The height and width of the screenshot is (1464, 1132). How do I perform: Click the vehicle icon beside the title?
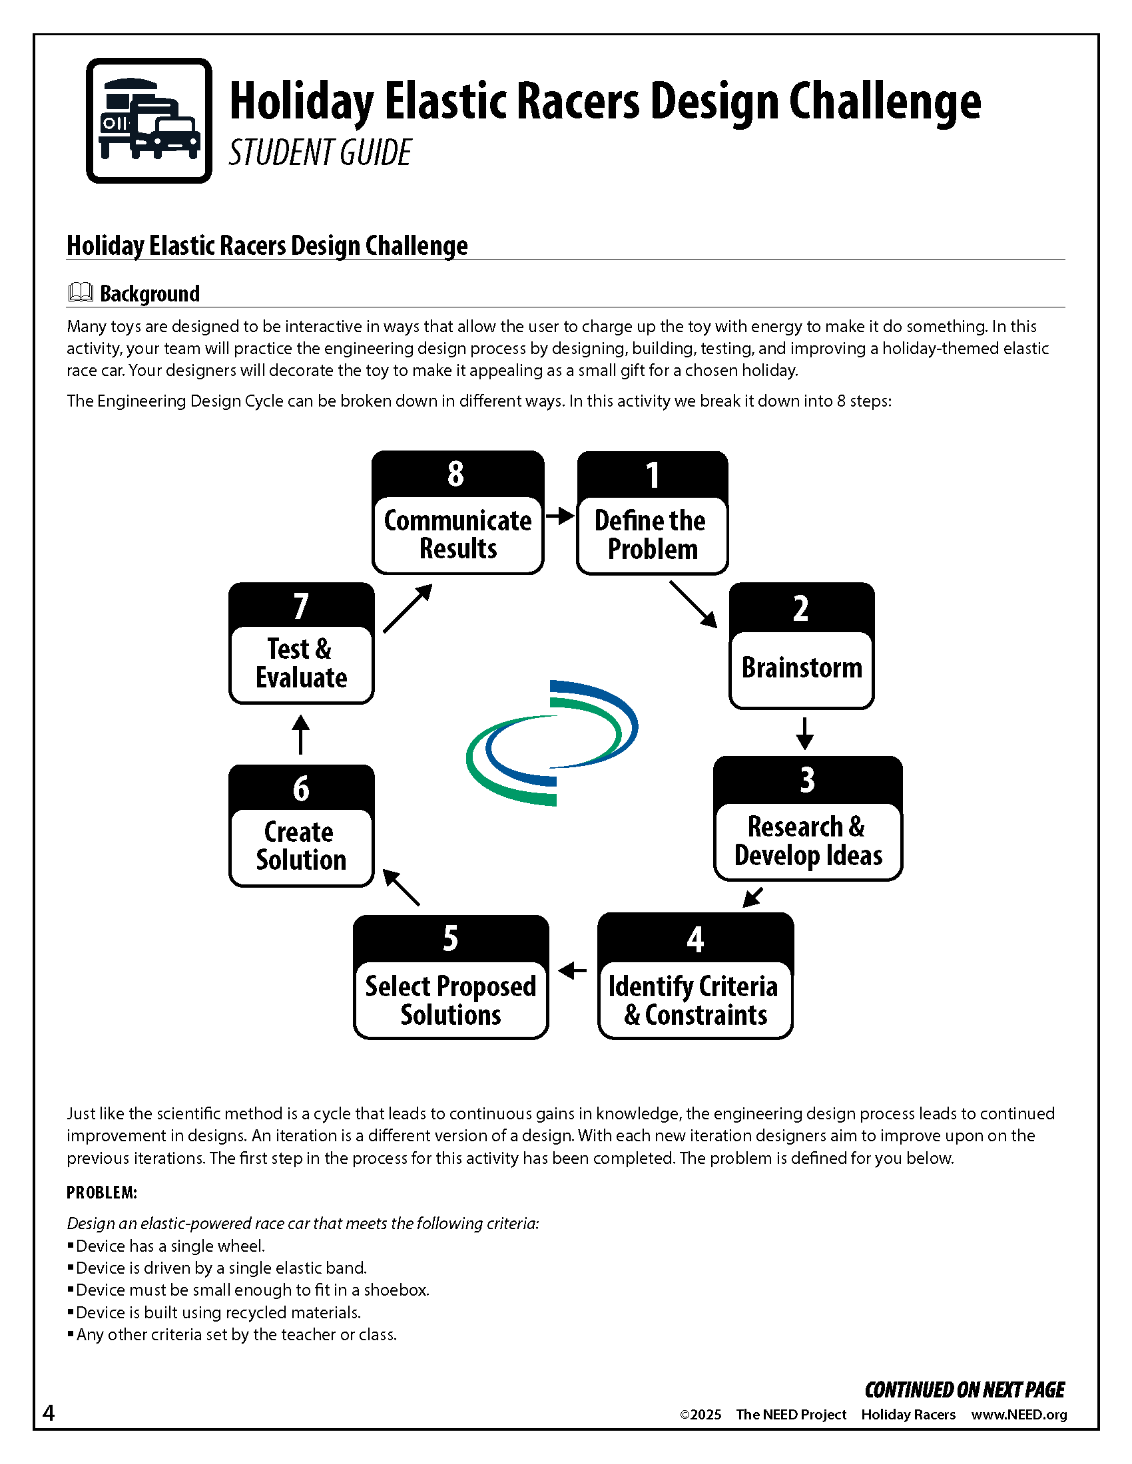[x=149, y=120]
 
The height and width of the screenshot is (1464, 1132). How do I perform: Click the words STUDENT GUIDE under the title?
[x=320, y=153]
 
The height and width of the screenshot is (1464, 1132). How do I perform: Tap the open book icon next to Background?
[x=81, y=292]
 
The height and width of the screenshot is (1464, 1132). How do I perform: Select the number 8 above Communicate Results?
[x=456, y=474]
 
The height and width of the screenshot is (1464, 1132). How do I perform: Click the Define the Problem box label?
[x=651, y=535]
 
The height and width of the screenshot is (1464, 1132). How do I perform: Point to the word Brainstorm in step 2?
[x=801, y=667]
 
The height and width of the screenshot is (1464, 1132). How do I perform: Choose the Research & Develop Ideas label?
[x=808, y=841]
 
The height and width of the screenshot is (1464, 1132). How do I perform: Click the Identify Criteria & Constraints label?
[x=694, y=1000]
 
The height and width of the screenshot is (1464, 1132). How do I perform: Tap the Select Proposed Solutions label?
[x=451, y=1000]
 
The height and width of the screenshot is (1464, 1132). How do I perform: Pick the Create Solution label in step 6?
[x=300, y=846]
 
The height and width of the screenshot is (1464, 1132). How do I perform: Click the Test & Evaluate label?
[x=300, y=663]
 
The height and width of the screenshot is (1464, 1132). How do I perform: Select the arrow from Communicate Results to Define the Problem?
[x=560, y=516]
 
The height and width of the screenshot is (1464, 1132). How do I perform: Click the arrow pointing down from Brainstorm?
[x=805, y=733]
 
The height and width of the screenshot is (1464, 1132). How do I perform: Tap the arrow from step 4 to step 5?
[x=572, y=970]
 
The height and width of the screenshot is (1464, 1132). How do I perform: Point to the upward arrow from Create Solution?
[x=300, y=735]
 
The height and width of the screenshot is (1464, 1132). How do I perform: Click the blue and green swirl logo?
[x=552, y=743]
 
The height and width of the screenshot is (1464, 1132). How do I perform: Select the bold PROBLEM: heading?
[x=102, y=1192]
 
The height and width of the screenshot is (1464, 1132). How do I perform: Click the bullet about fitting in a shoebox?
[x=252, y=1290]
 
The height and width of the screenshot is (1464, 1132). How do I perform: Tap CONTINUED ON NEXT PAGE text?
[x=964, y=1390]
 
